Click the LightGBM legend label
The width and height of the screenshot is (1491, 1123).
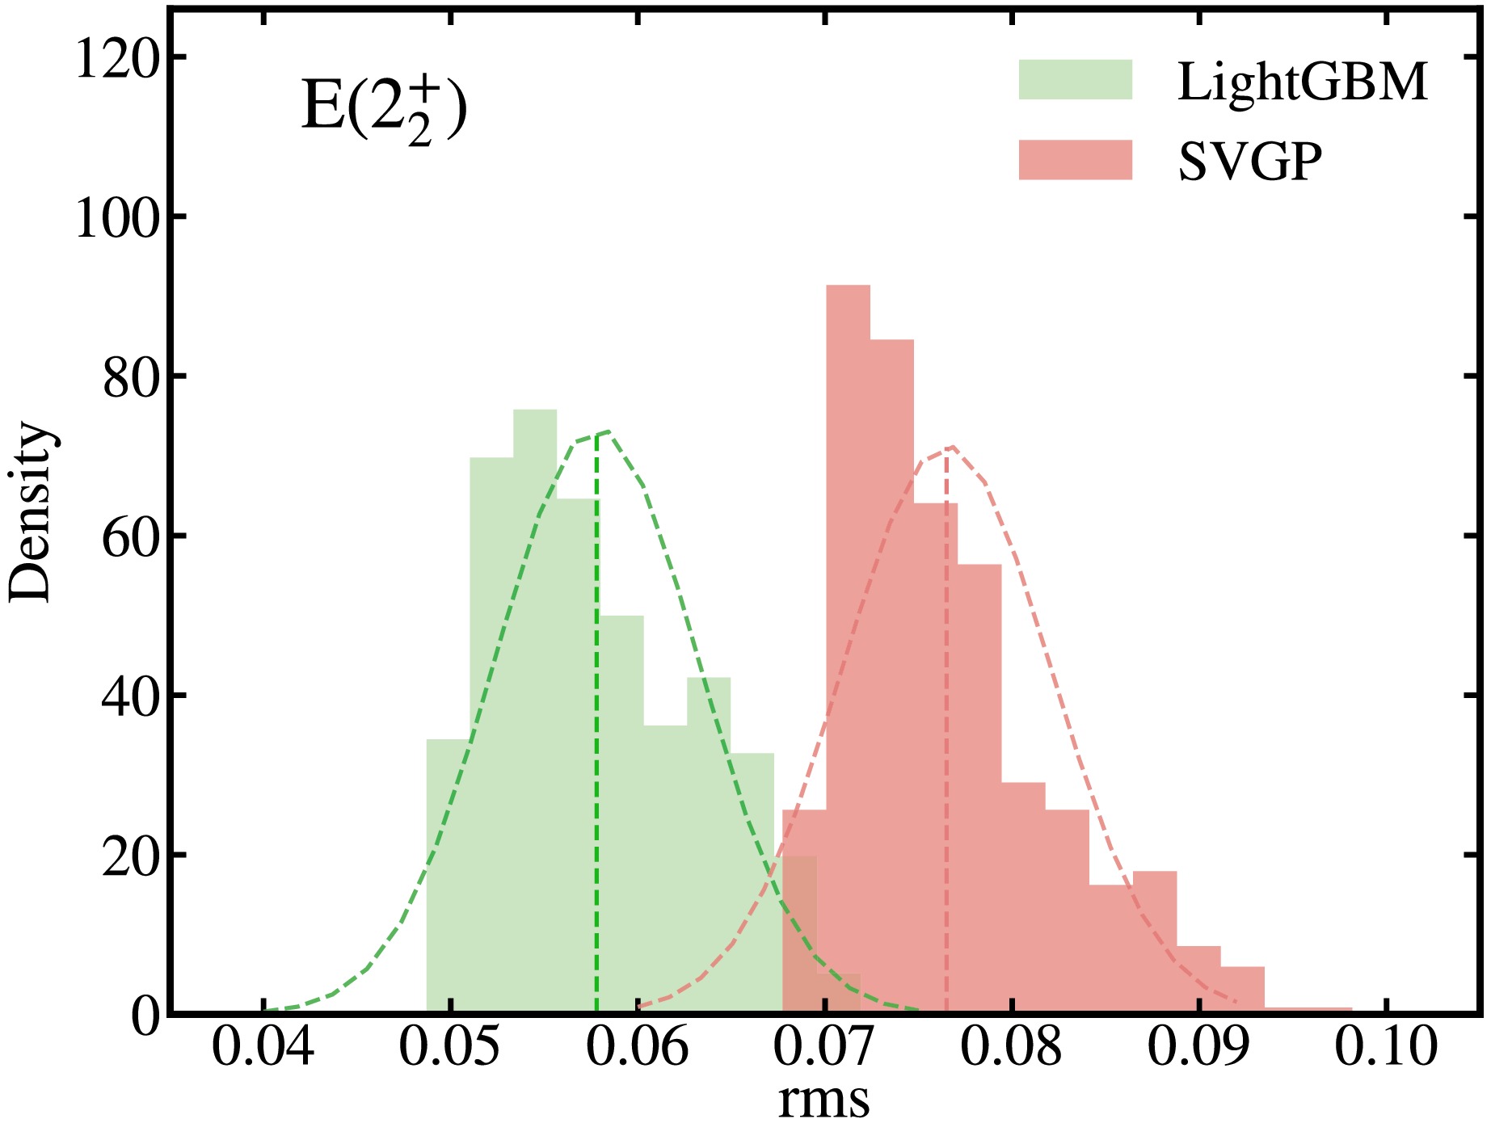pos(1302,82)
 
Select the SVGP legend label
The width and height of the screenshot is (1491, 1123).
pos(1249,162)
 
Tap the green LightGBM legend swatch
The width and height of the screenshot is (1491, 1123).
pos(1075,80)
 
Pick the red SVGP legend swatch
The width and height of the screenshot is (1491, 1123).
pos(1075,160)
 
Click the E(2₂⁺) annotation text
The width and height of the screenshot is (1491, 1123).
pos(384,109)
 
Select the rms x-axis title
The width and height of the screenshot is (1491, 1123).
pos(823,1099)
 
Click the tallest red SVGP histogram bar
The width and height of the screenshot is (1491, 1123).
pos(848,646)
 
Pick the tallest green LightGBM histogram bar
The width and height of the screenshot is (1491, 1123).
pos(535,711)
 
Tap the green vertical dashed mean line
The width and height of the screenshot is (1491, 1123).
pos(596,727)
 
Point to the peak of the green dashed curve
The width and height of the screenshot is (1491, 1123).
pos(606,431)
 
